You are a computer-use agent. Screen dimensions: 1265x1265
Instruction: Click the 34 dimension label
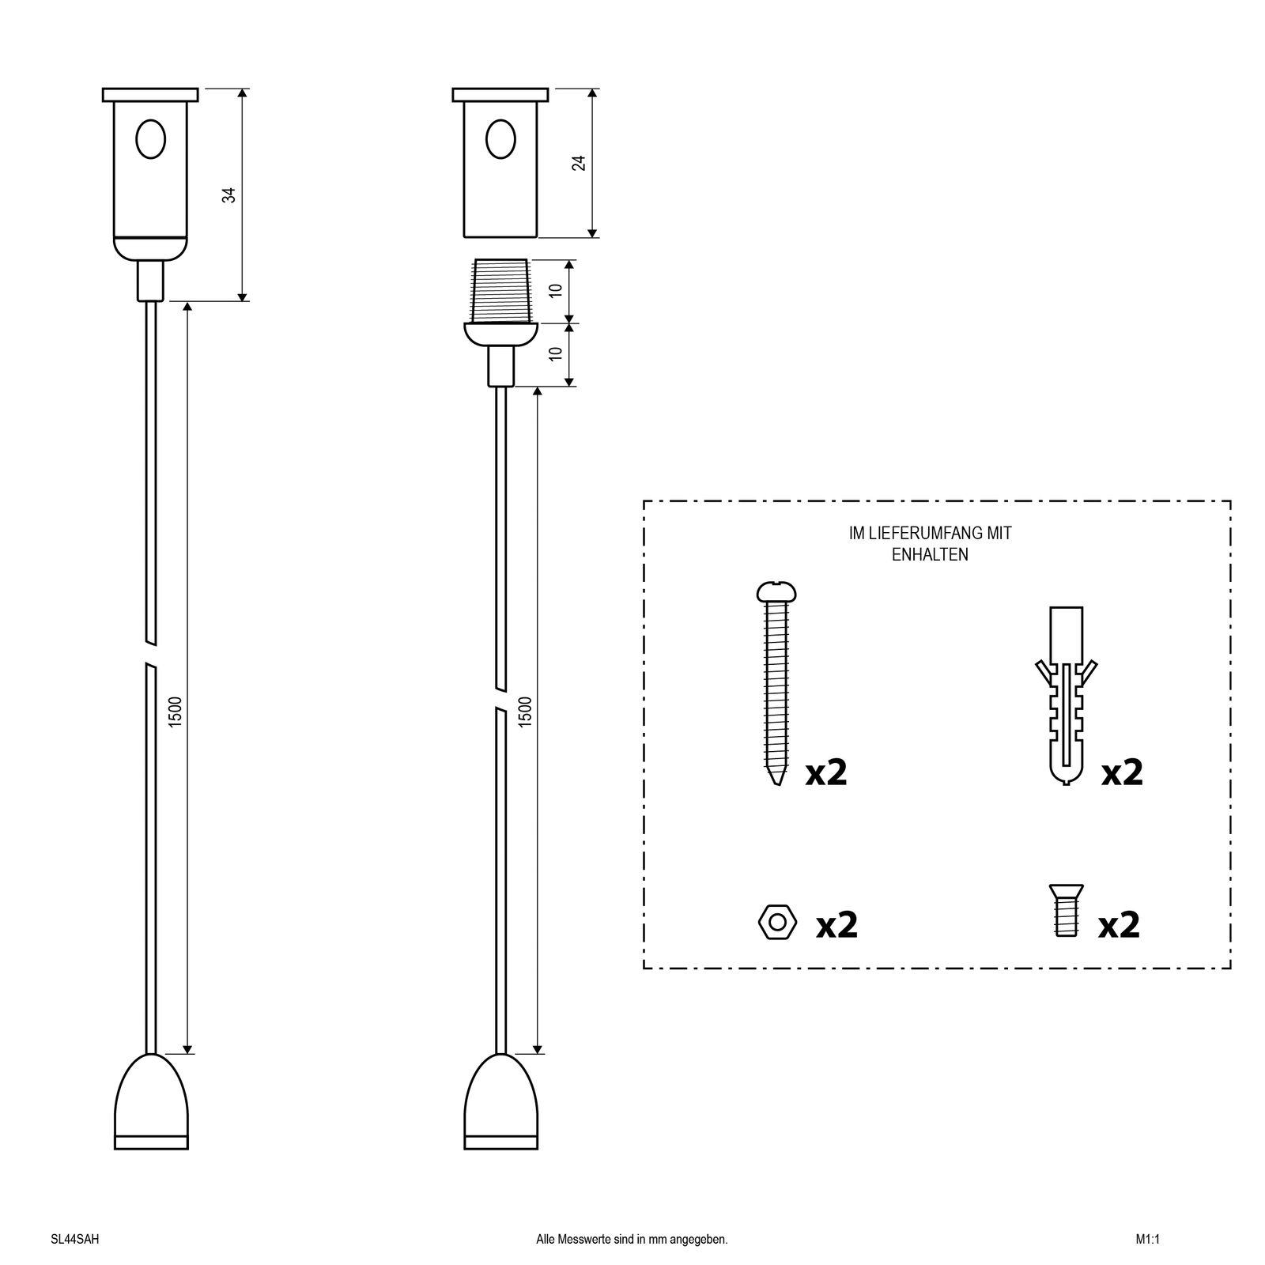click(x=229, y=194)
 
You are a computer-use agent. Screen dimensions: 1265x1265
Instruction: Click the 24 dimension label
click(x=579, y=162)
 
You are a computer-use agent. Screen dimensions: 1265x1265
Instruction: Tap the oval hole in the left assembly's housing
click(x=150, y=139)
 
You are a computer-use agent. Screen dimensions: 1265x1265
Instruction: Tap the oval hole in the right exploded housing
click(x=500, y=139)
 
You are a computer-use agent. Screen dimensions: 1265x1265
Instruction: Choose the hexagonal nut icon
click(x=777, y=922)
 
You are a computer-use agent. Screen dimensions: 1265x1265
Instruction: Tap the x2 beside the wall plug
click(x=1123, y=772)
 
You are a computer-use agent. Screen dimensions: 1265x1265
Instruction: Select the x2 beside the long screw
click(x=826, y=772)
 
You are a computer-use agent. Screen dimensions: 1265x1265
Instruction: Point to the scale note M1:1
click(x=1147, y=1240)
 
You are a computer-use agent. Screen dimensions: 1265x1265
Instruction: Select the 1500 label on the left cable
click(x=176, y=712)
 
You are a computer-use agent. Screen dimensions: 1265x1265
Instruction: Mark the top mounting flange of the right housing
click(x=500, y=95)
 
